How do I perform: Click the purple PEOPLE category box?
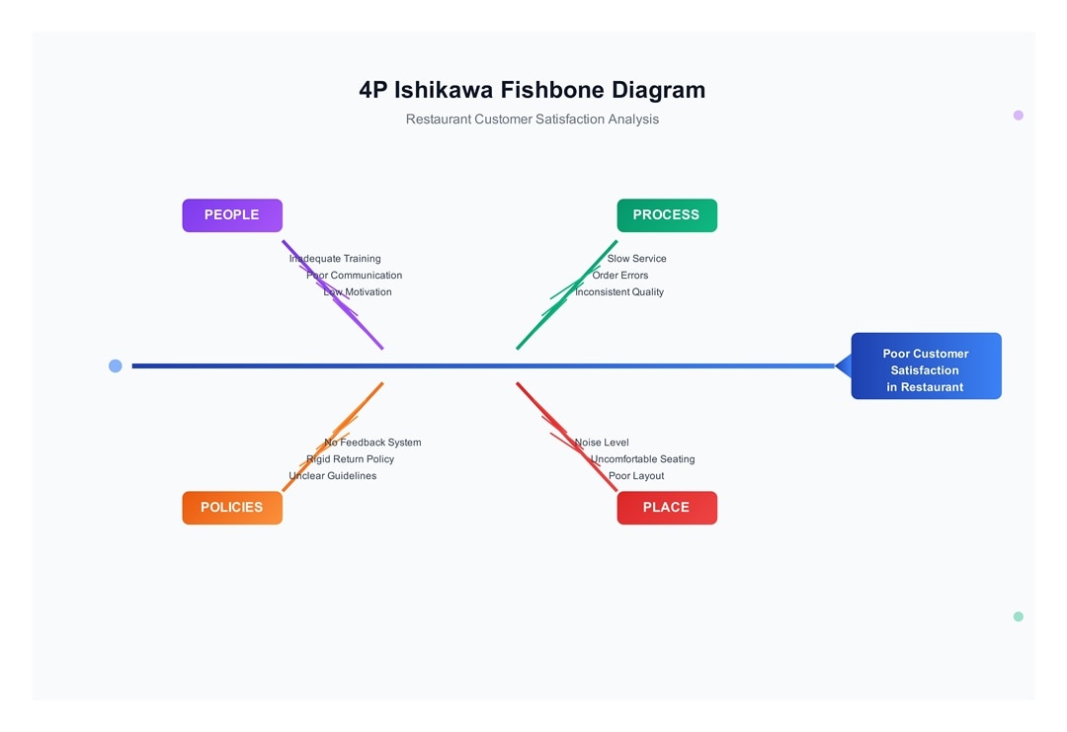click(232, 215)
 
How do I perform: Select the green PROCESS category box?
click(667, 215)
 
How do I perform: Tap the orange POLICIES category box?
click(232, 508)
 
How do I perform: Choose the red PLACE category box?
click(667, 508)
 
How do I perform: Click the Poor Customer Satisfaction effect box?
click(926, 366)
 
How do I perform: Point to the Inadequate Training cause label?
click(335, 259)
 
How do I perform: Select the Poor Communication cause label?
click(354, 276)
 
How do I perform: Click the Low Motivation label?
click(358, 292)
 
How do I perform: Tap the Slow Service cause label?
click(636, 259)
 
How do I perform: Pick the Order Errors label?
click(620, 276)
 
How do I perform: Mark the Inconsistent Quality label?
click(619, 292)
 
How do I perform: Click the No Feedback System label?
click(372, 443)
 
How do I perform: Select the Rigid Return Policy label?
click(350, 459)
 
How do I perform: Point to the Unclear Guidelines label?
click(332, 476)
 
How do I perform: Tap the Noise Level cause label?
click(602, 443)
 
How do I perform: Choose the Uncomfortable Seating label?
click(642, 459)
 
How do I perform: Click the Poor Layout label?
click(636, 476)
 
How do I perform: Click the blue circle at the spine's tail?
click(116, 366)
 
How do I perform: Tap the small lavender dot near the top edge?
click(1019, 116)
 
